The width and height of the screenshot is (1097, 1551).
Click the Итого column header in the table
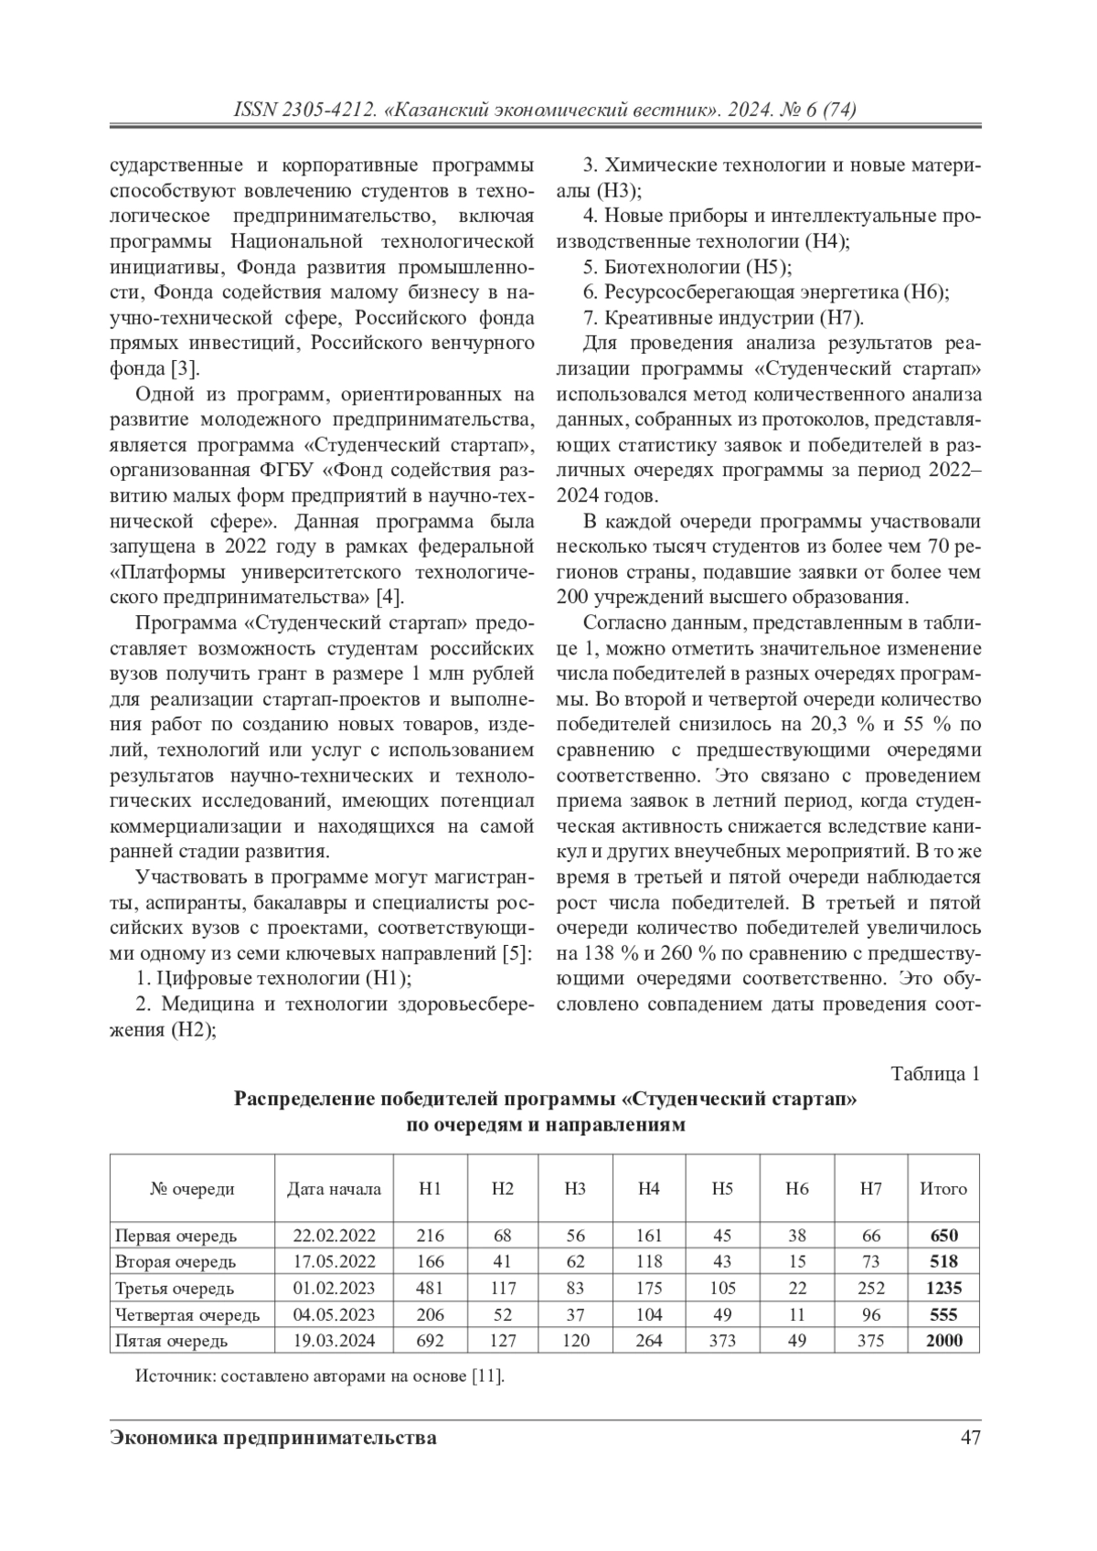(x=943, y=1189)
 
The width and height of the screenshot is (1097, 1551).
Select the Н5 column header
(x=722, y=1189)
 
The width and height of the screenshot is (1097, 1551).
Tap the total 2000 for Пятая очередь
(x=943, y=1341)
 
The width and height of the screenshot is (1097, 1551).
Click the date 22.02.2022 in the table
(x=334, y=1236)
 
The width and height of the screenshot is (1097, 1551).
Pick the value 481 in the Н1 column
(x=430, y=1289)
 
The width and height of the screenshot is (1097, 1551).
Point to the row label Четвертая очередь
(x=187, y=1315)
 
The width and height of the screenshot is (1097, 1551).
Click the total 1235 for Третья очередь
(x=943, y=1289)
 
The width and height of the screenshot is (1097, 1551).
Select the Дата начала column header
(x=334, y=1189)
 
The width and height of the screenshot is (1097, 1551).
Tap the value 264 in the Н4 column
(x=648, y=1341)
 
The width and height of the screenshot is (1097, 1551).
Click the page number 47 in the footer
(x=970, y=1438)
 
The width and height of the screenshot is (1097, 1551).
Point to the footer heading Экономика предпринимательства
(x=272, y=1438)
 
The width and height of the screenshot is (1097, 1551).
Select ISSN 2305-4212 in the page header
(x=306, y=111)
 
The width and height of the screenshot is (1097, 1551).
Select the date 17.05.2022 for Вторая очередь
(x=334, y=1262)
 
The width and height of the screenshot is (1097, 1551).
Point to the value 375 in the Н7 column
(x=870, y=1341)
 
